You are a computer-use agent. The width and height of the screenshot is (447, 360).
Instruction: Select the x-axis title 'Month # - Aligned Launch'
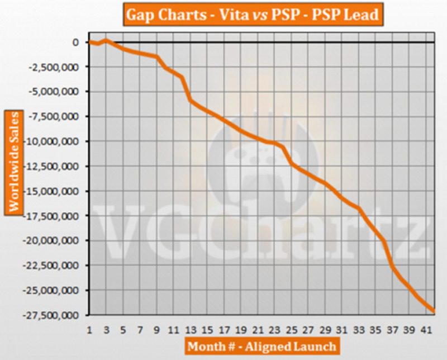(261, 347)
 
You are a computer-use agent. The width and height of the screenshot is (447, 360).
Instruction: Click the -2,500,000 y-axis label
(57, 67)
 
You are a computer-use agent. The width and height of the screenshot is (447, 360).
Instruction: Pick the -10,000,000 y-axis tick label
(55, 141)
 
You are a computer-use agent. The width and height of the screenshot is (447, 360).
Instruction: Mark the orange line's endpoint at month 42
(434, 311)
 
